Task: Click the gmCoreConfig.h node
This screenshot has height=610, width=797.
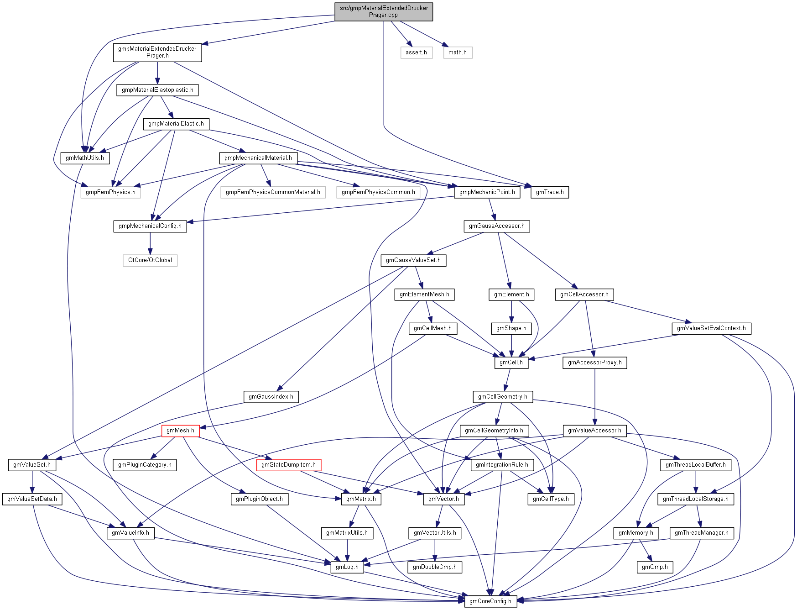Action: [490, 601]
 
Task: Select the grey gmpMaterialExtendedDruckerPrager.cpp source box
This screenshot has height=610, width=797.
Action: [384, 11]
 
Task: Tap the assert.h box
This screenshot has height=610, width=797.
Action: [416, 53]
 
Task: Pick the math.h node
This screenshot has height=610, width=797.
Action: [457, 53]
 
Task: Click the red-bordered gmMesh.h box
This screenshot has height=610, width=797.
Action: [180, 431]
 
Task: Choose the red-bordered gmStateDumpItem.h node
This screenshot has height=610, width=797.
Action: [288, 465]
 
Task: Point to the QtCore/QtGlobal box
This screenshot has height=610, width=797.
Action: [150, 260]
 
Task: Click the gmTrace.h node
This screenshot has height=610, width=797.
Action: [550, 192]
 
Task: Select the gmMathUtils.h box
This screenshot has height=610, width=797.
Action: [85, 158]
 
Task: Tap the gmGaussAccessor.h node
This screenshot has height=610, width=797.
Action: [497, 226]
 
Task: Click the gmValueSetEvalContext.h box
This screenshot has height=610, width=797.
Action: [711, 328]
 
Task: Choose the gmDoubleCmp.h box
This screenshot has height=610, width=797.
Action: [435, 567]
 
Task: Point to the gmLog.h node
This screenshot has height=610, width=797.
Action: [347, 567]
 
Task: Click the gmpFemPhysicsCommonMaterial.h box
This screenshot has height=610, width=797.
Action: [273, 192]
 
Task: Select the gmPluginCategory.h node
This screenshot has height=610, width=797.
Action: [145, 465]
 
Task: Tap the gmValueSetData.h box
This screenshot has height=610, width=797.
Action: [32, 499]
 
